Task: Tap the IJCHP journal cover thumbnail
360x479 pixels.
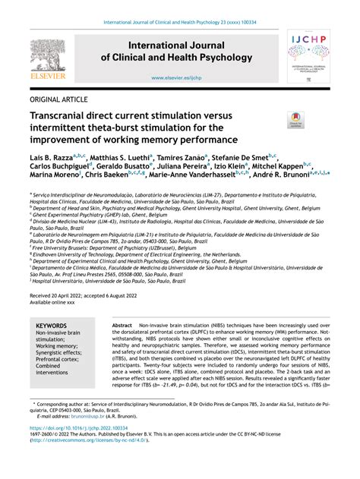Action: (308, 56)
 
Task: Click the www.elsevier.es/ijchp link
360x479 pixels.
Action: (179, 77)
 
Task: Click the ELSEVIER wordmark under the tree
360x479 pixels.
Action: (48, 77)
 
